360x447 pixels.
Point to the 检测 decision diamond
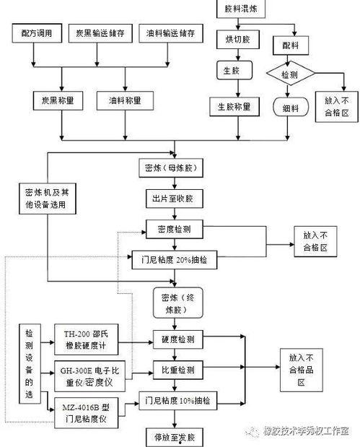point(289,74)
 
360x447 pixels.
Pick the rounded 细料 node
point(289,107)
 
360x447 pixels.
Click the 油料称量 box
point(126,100)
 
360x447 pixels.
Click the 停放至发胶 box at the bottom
point(174,437)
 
